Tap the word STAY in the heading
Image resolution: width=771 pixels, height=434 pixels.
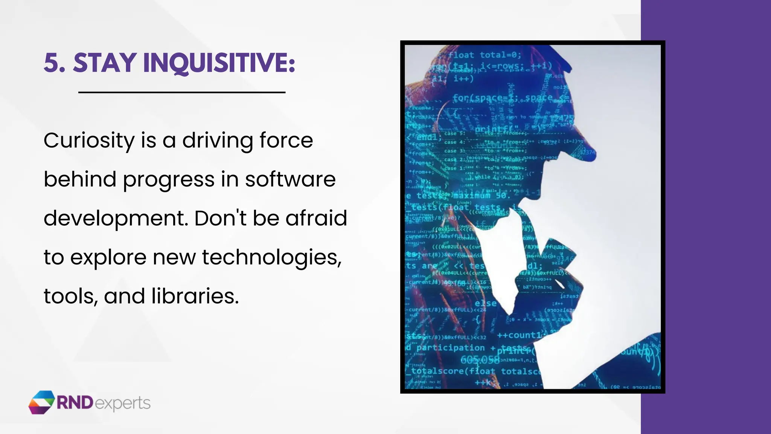104,63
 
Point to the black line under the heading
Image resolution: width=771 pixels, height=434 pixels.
182,92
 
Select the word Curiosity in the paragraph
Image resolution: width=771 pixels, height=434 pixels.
89,141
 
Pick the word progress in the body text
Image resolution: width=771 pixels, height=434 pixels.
169,180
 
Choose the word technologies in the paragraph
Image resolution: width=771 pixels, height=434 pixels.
271,258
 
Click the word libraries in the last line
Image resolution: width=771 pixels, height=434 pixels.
195,296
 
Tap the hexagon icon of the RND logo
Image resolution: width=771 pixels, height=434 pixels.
41,402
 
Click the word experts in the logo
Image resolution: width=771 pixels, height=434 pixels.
123,403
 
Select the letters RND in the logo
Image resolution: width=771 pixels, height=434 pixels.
75,403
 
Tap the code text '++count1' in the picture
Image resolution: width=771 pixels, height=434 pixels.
519,335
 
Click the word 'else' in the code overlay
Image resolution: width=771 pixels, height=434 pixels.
485,303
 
